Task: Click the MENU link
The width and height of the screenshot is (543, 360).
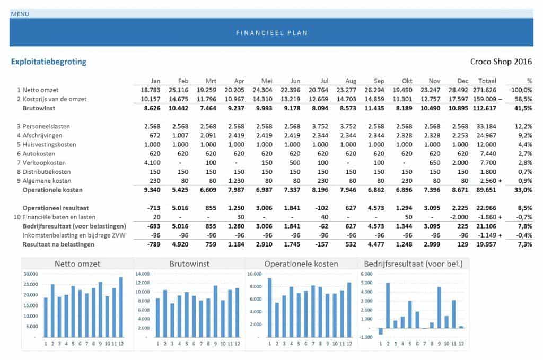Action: (20, 14)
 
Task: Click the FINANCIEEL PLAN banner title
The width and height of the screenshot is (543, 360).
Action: (271, 33)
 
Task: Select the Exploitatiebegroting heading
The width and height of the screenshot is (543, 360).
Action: (49, 62)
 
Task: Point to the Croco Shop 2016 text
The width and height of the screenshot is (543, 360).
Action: (501, 62)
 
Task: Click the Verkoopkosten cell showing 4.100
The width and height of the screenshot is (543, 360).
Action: (151, 162)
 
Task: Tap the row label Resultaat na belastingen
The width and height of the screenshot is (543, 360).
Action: (58, 244)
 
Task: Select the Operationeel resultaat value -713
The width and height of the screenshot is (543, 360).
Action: (153, 208)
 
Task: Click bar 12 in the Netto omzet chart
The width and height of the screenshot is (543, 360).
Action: (121, 307)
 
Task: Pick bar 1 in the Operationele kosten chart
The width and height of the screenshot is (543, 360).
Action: (270, 308)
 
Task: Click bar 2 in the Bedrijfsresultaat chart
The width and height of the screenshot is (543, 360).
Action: (388, 305)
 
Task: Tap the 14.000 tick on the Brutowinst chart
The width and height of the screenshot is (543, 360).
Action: (145, 274)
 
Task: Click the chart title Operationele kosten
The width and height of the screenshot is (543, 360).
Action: (301, 264)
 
